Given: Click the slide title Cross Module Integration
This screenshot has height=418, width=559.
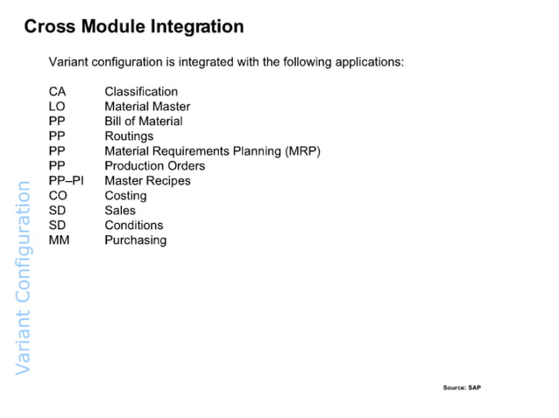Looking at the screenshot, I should coord(133,26).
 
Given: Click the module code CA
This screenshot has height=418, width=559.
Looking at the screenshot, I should coord(58,92).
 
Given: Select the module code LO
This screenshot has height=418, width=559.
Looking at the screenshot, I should coord(58,107).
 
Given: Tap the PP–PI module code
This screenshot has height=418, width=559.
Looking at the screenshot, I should coord(66,181).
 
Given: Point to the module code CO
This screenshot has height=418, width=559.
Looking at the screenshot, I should coord(59,196).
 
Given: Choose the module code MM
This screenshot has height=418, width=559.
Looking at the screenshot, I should coord(60,240).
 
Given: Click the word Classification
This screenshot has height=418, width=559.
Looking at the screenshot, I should coord(141,92).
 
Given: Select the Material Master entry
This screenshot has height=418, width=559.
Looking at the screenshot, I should coord(147,107).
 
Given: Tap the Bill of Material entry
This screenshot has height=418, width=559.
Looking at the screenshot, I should coord(144,122).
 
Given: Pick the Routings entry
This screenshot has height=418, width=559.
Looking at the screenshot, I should coord(129,136).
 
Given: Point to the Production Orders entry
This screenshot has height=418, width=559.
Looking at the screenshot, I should coord(155,166).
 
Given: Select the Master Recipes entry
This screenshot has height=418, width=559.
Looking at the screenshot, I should coord(147,181).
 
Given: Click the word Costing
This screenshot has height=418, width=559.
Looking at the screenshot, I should coord(125,196).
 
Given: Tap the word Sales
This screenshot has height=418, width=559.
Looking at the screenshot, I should coord(120,211).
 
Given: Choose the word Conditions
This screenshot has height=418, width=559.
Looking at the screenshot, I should coord(134,225).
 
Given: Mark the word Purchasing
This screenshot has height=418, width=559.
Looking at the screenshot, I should coord(135,240).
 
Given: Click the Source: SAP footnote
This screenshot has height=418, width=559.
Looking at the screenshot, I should coord(462,387).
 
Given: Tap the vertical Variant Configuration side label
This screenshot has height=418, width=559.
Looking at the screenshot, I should coord(24,275).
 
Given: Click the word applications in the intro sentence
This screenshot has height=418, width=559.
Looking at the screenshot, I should coord(367,63).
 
